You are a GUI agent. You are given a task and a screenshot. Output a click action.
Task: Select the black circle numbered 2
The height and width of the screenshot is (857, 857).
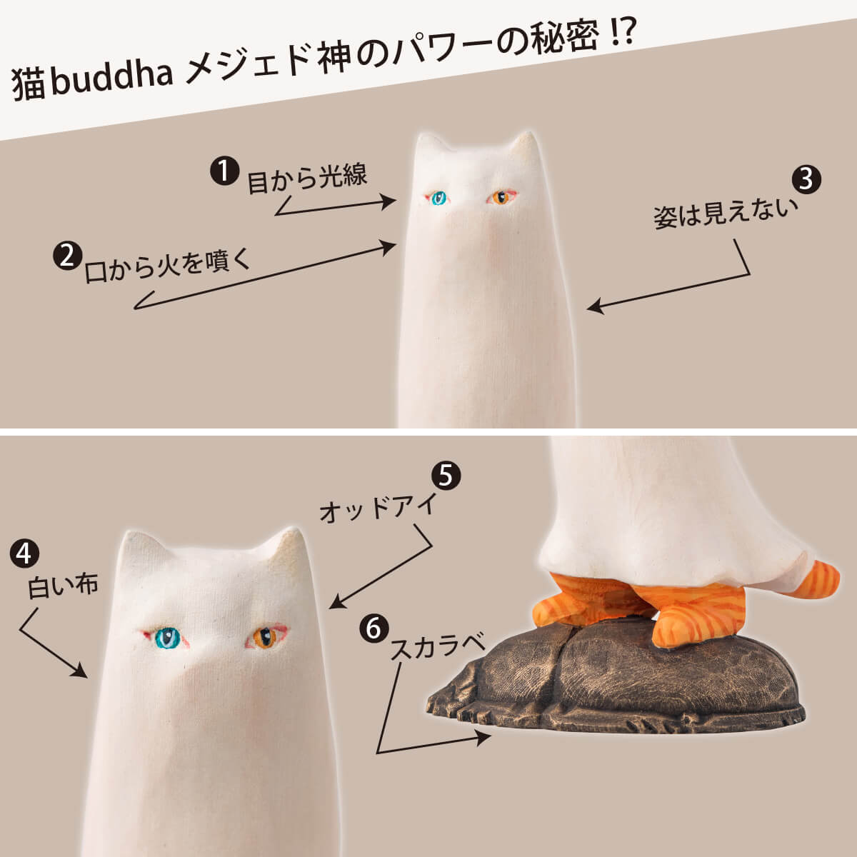click(66, 256)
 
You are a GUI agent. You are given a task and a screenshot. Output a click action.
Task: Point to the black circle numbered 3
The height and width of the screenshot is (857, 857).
click(806, 179)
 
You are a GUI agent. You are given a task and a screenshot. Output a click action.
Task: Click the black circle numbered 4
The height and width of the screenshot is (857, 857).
click(24, 553)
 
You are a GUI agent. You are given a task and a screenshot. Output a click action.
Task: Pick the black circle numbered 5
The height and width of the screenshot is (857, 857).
click(446, 475)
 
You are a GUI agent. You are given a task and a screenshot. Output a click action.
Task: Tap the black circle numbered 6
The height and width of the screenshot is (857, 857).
click(373, 628)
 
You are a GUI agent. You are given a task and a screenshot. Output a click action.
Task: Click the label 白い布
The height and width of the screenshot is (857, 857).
click(63, 586)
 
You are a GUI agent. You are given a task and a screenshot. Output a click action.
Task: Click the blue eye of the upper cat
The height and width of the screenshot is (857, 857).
click(437, 198)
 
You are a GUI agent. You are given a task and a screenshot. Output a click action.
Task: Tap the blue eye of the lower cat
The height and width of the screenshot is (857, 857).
click(167, 636)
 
